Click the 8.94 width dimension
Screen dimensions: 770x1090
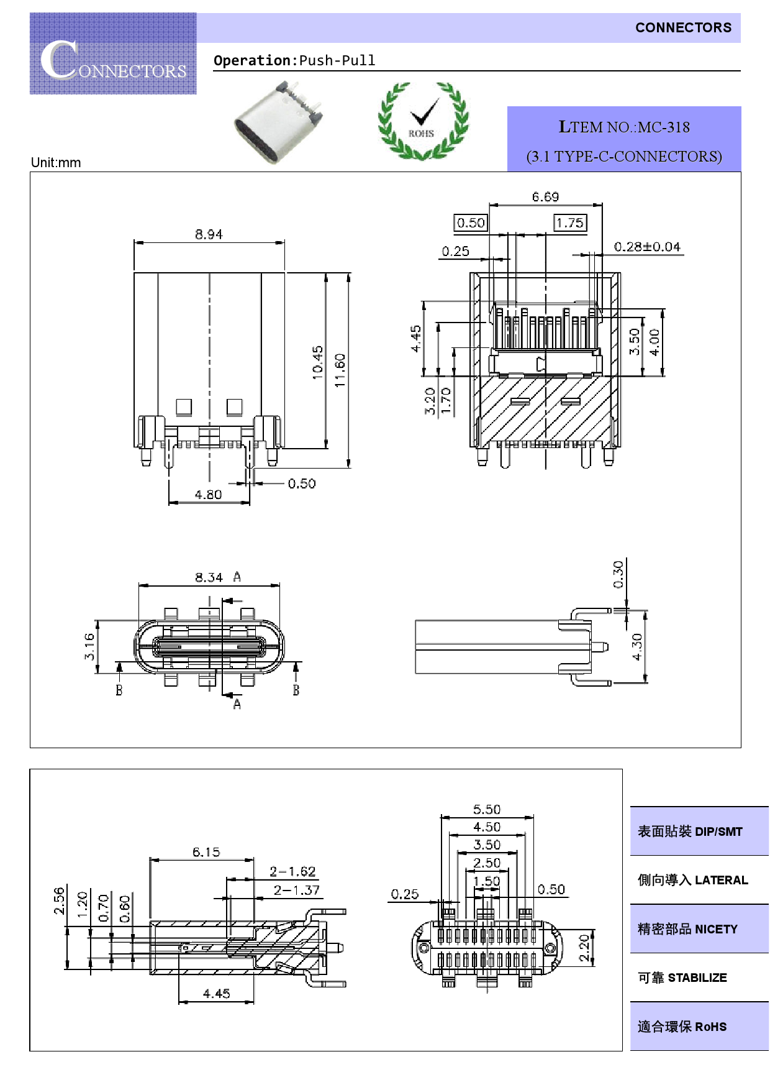pyautogui.click(x=209, y=234)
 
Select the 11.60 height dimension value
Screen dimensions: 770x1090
pyautogui.click(x=340, y=370)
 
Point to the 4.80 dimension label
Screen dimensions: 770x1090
pyautogui.click(x=208, y=495)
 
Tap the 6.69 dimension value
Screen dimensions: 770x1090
pyautogui.click(x=545, y=197)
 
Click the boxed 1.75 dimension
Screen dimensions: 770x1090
pyautogui.click(x=569, y=222)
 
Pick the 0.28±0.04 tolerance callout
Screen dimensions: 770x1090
pyautogui.click(x=647, y=247)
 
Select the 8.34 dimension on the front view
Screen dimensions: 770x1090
pyautogui.click(x=209, y=577)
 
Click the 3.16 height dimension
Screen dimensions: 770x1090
pyautogui.click(x=89, y=646)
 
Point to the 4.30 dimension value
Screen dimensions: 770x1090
pyautogui.click(x=636, y=647)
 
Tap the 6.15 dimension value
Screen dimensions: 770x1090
pyautogui.click(x=206, y=852)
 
